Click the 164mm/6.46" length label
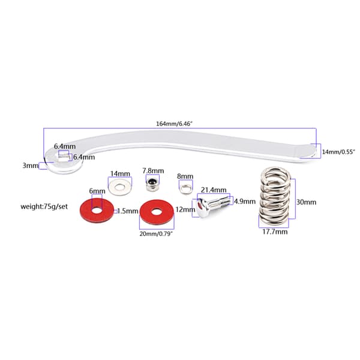tap(174, 124)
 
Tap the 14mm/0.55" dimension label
tap(338, 152)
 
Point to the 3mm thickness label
tap(31, 166)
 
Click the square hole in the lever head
tap(64, 155)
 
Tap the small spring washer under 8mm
tap(186, 188)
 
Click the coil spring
tap(274, 197)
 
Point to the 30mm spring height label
tap(306, 202)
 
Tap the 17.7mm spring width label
tap(275, 232)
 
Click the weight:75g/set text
tap(44, 206)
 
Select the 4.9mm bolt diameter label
tap(245, 202)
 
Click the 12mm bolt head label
tap(185, 209)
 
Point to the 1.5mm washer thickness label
tap(128, 211)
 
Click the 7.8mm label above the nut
tap(153, 171)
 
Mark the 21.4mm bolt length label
tap(214, 190)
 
